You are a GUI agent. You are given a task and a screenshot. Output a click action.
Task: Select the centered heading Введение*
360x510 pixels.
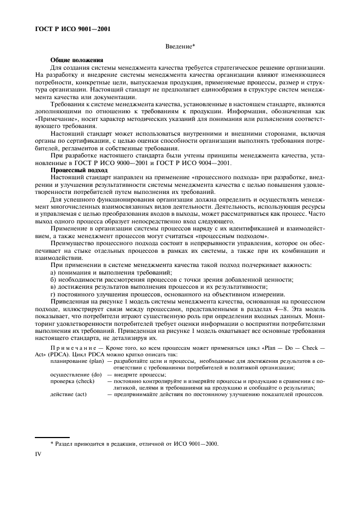point(180,48)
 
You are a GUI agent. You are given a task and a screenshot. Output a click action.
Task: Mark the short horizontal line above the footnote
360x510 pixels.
point(52,436)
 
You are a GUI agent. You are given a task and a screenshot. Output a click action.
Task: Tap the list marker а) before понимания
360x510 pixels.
point(53,272)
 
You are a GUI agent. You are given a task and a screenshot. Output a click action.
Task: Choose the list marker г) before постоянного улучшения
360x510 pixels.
point(53,294)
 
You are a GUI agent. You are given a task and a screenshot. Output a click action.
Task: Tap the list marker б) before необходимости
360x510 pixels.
point(53,280)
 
